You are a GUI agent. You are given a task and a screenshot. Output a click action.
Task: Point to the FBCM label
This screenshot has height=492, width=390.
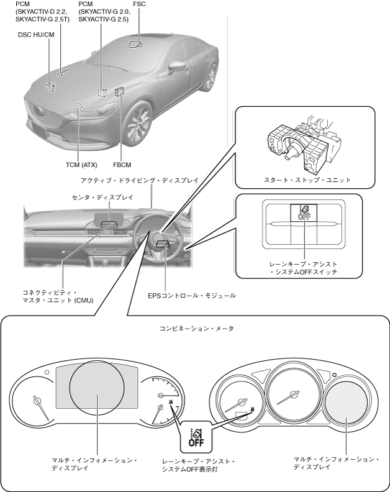122,165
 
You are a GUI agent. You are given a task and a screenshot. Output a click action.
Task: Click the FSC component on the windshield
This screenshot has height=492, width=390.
135,44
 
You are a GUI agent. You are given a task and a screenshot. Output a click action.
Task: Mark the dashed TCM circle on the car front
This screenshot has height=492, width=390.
78,107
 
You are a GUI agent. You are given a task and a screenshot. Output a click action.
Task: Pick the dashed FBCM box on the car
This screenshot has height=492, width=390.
119,91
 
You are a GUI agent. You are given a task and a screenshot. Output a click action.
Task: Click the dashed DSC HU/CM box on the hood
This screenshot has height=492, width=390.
50,86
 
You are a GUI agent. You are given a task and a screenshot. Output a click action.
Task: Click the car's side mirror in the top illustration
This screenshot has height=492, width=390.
178,66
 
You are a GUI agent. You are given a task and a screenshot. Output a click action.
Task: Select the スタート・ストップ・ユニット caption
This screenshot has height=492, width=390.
307,180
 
